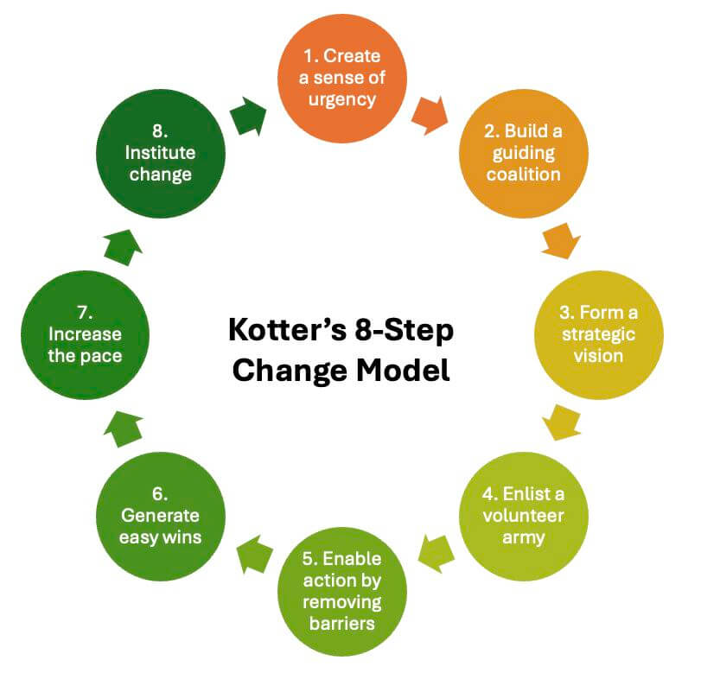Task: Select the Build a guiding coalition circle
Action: [x=523, y=153]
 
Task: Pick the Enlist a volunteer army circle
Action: [x=522, y=516]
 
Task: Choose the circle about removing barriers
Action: [x=342, y=590]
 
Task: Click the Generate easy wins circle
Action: [x=160, y=516]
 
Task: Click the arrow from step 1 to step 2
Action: [x=430, y=114]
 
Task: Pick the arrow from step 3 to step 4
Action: [x=561, y=424]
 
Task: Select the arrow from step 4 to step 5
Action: [x=435, y=551]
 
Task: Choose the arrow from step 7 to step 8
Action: [x=124, y=245]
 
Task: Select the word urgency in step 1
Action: [x=342, y=98]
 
